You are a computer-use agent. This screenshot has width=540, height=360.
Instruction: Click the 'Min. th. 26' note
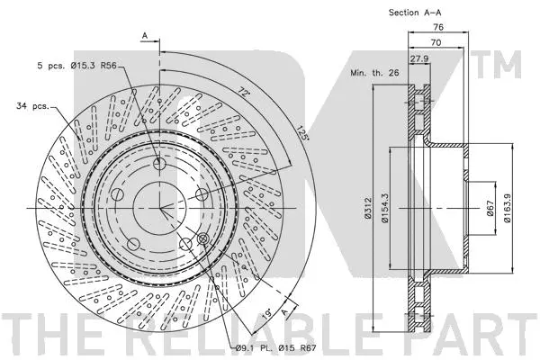[x=373, y=74]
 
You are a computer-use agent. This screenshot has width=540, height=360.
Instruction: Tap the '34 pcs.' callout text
[x=34, y=107]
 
